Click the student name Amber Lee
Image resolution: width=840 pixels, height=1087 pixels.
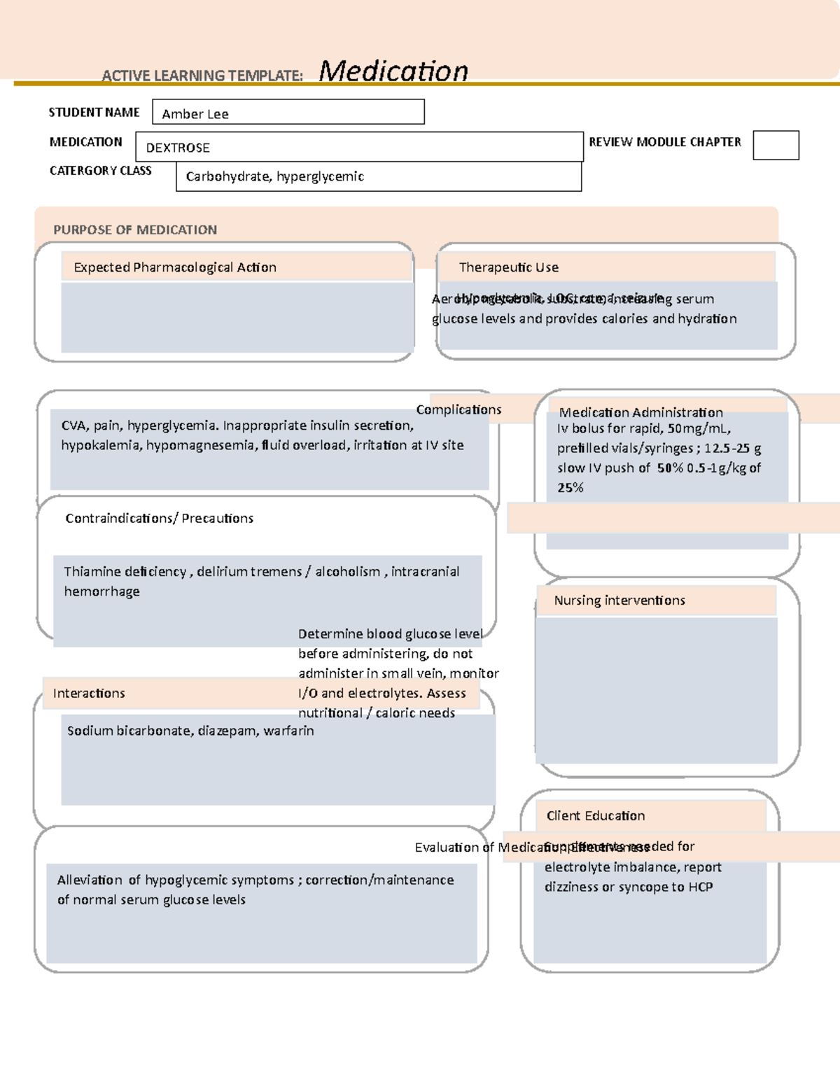(x=195, y=114)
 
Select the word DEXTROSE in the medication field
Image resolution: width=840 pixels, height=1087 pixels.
(x=178, y=148)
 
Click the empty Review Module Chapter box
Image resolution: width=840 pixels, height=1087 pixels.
(x=776, y=146)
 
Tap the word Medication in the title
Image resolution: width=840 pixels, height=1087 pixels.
(x=393, y=71)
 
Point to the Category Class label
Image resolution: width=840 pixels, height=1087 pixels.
(x=100, y=171)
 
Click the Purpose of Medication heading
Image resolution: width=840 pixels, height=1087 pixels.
(x=135, y=230)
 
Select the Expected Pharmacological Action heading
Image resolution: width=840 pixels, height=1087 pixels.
(x=175, y=267)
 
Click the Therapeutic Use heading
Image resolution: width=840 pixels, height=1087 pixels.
(x=509, y=267)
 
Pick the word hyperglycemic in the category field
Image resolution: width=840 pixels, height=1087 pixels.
(x=320, y=176)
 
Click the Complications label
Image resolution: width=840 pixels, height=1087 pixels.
(x=458, y=409)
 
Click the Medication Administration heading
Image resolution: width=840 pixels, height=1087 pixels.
(x=640, y=412)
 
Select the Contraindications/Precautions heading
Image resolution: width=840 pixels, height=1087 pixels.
(x=160, y=518)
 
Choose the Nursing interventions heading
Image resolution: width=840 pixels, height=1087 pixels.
(x=619, y=601)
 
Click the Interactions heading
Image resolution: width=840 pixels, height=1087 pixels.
(x=89, y=693)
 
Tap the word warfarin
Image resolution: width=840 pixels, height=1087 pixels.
(x=288, y=731)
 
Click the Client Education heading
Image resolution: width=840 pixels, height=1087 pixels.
(x=596, y=815)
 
